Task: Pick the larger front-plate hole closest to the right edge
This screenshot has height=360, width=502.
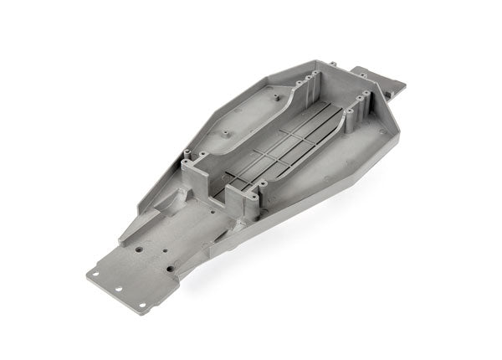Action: point(172,270)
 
